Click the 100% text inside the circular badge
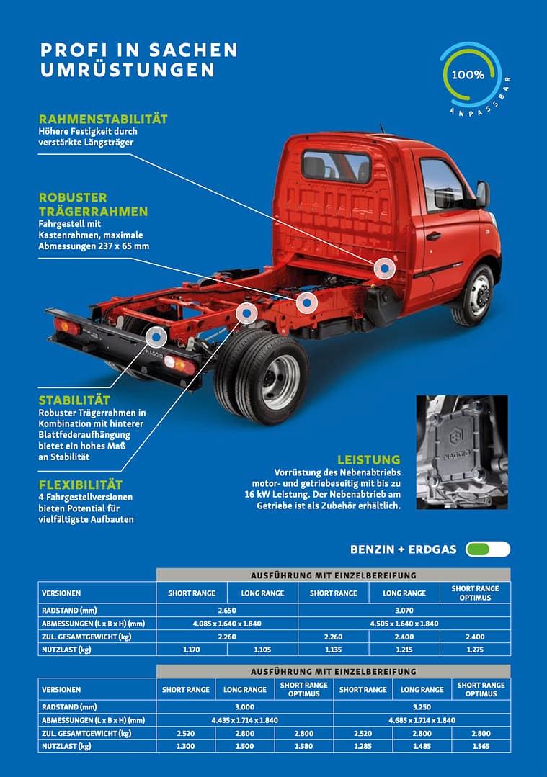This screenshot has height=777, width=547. [x=468, y=74]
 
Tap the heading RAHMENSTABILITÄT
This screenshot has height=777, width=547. [x=103, y=119]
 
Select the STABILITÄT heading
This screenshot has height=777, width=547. [x=74, y=400]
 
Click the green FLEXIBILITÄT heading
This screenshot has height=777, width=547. [x=80, y=485]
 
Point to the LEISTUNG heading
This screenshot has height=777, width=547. [x=368, y=459]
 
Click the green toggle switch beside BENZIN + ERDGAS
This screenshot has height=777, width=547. [x=487, y=549]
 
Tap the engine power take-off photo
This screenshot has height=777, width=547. [x=462, y=452]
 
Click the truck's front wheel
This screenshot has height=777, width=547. [x=475, y=295]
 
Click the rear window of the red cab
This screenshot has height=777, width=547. [x=336, y=166]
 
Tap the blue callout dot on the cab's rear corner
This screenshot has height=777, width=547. [x=385, y=269]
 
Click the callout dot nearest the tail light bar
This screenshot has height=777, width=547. [x=156, y=337]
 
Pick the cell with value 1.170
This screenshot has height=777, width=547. [x=192, y=650]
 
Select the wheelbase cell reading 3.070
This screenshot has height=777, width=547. [x=404, y=610]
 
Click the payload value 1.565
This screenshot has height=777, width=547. [x=481, y=746]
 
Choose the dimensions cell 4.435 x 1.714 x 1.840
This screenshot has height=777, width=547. [x=244, y=720]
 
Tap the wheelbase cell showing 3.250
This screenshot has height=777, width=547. [x=422, y=707]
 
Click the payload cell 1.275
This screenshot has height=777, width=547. [x=475, y=650]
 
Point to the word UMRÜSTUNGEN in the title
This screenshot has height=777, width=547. [x=128, y=70]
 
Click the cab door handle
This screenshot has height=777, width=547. [x=433, y=236]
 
